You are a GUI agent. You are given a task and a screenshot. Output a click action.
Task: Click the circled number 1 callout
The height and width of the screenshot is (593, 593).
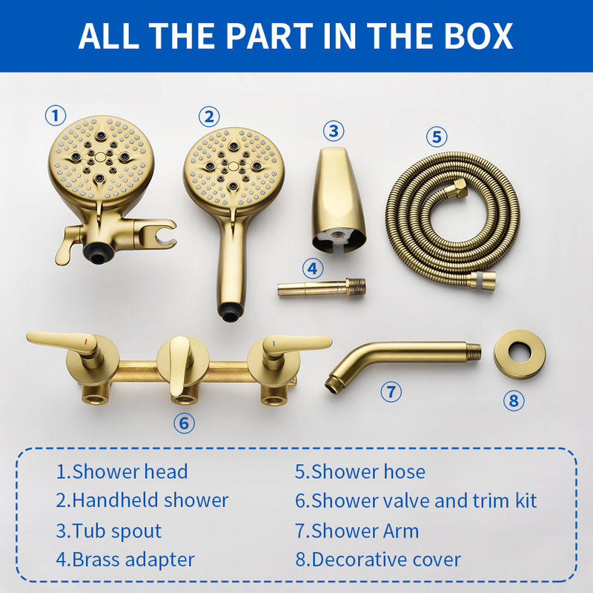point(56,116)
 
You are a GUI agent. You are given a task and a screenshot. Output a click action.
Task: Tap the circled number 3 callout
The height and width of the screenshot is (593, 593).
point(334,131)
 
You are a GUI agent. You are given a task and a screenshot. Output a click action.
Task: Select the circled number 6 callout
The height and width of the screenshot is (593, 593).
point(184,423)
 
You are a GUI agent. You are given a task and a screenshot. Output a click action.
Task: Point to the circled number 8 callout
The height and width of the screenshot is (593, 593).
point(513,401)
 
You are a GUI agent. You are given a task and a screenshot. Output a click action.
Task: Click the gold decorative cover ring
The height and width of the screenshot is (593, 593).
point(520,354)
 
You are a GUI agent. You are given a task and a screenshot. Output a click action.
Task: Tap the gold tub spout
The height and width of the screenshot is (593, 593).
point(338,200)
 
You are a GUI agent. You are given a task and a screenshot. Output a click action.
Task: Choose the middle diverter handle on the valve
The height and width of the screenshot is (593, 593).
point(180,363)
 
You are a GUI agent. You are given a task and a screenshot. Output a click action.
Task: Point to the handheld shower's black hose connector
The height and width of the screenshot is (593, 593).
point(231,315)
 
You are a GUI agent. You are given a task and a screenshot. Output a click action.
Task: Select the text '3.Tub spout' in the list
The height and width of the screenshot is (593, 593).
point(108,531)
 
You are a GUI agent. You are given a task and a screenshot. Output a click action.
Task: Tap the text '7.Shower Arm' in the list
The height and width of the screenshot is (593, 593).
point(357,531)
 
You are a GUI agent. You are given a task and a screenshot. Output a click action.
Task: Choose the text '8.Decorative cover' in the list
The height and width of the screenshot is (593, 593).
point(378,560)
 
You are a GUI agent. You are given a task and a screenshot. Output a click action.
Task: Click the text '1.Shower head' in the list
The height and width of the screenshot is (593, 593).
point(122,471)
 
